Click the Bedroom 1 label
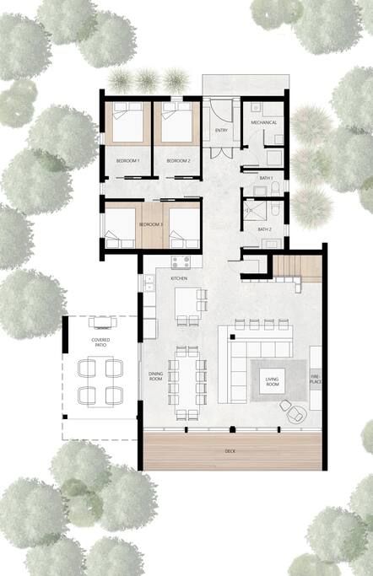coord(128,161)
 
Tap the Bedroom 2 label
coord(178,161)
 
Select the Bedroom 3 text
coord(151,224)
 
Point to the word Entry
coord(221,131)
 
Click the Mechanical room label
coord(263,122)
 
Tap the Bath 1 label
coord(266,178)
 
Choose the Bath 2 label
coord(264,229)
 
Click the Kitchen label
coord(179,278)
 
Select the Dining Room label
coord(155,376)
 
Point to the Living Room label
coord(272,382)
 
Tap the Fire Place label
coord(316,380)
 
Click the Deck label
coord(230,451)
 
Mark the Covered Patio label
coord(100,342)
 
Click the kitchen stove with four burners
coord(181,262)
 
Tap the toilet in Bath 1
coord(275,188)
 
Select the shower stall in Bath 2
coord(254,211)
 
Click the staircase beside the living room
coord(296,267)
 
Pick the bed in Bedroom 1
coord(127,122)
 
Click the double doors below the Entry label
coord(221,153)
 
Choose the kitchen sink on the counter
coord(150,283)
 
